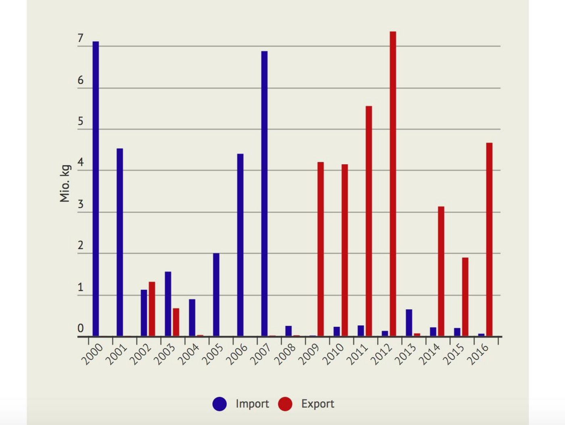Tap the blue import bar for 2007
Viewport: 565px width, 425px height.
coord(264,193)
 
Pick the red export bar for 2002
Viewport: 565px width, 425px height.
coord(152,309)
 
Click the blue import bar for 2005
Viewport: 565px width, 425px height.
coord(216,295)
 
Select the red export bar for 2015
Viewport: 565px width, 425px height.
coord(465,297)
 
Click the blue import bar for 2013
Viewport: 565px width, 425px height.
coord(409,322)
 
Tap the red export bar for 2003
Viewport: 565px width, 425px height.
coord(176,322)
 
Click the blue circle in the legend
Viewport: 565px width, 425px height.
coord(220,404)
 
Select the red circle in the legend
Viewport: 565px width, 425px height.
coord(285,404)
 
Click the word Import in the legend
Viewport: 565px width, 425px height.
coord(252,404)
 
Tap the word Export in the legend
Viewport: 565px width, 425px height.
coord(318,404)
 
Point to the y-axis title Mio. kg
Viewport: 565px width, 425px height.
coord(65,184)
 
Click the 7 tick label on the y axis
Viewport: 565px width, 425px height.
coord(80,38)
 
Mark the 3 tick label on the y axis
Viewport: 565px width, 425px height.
coord(80,205)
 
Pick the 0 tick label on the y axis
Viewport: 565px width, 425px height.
coord(80,329)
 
